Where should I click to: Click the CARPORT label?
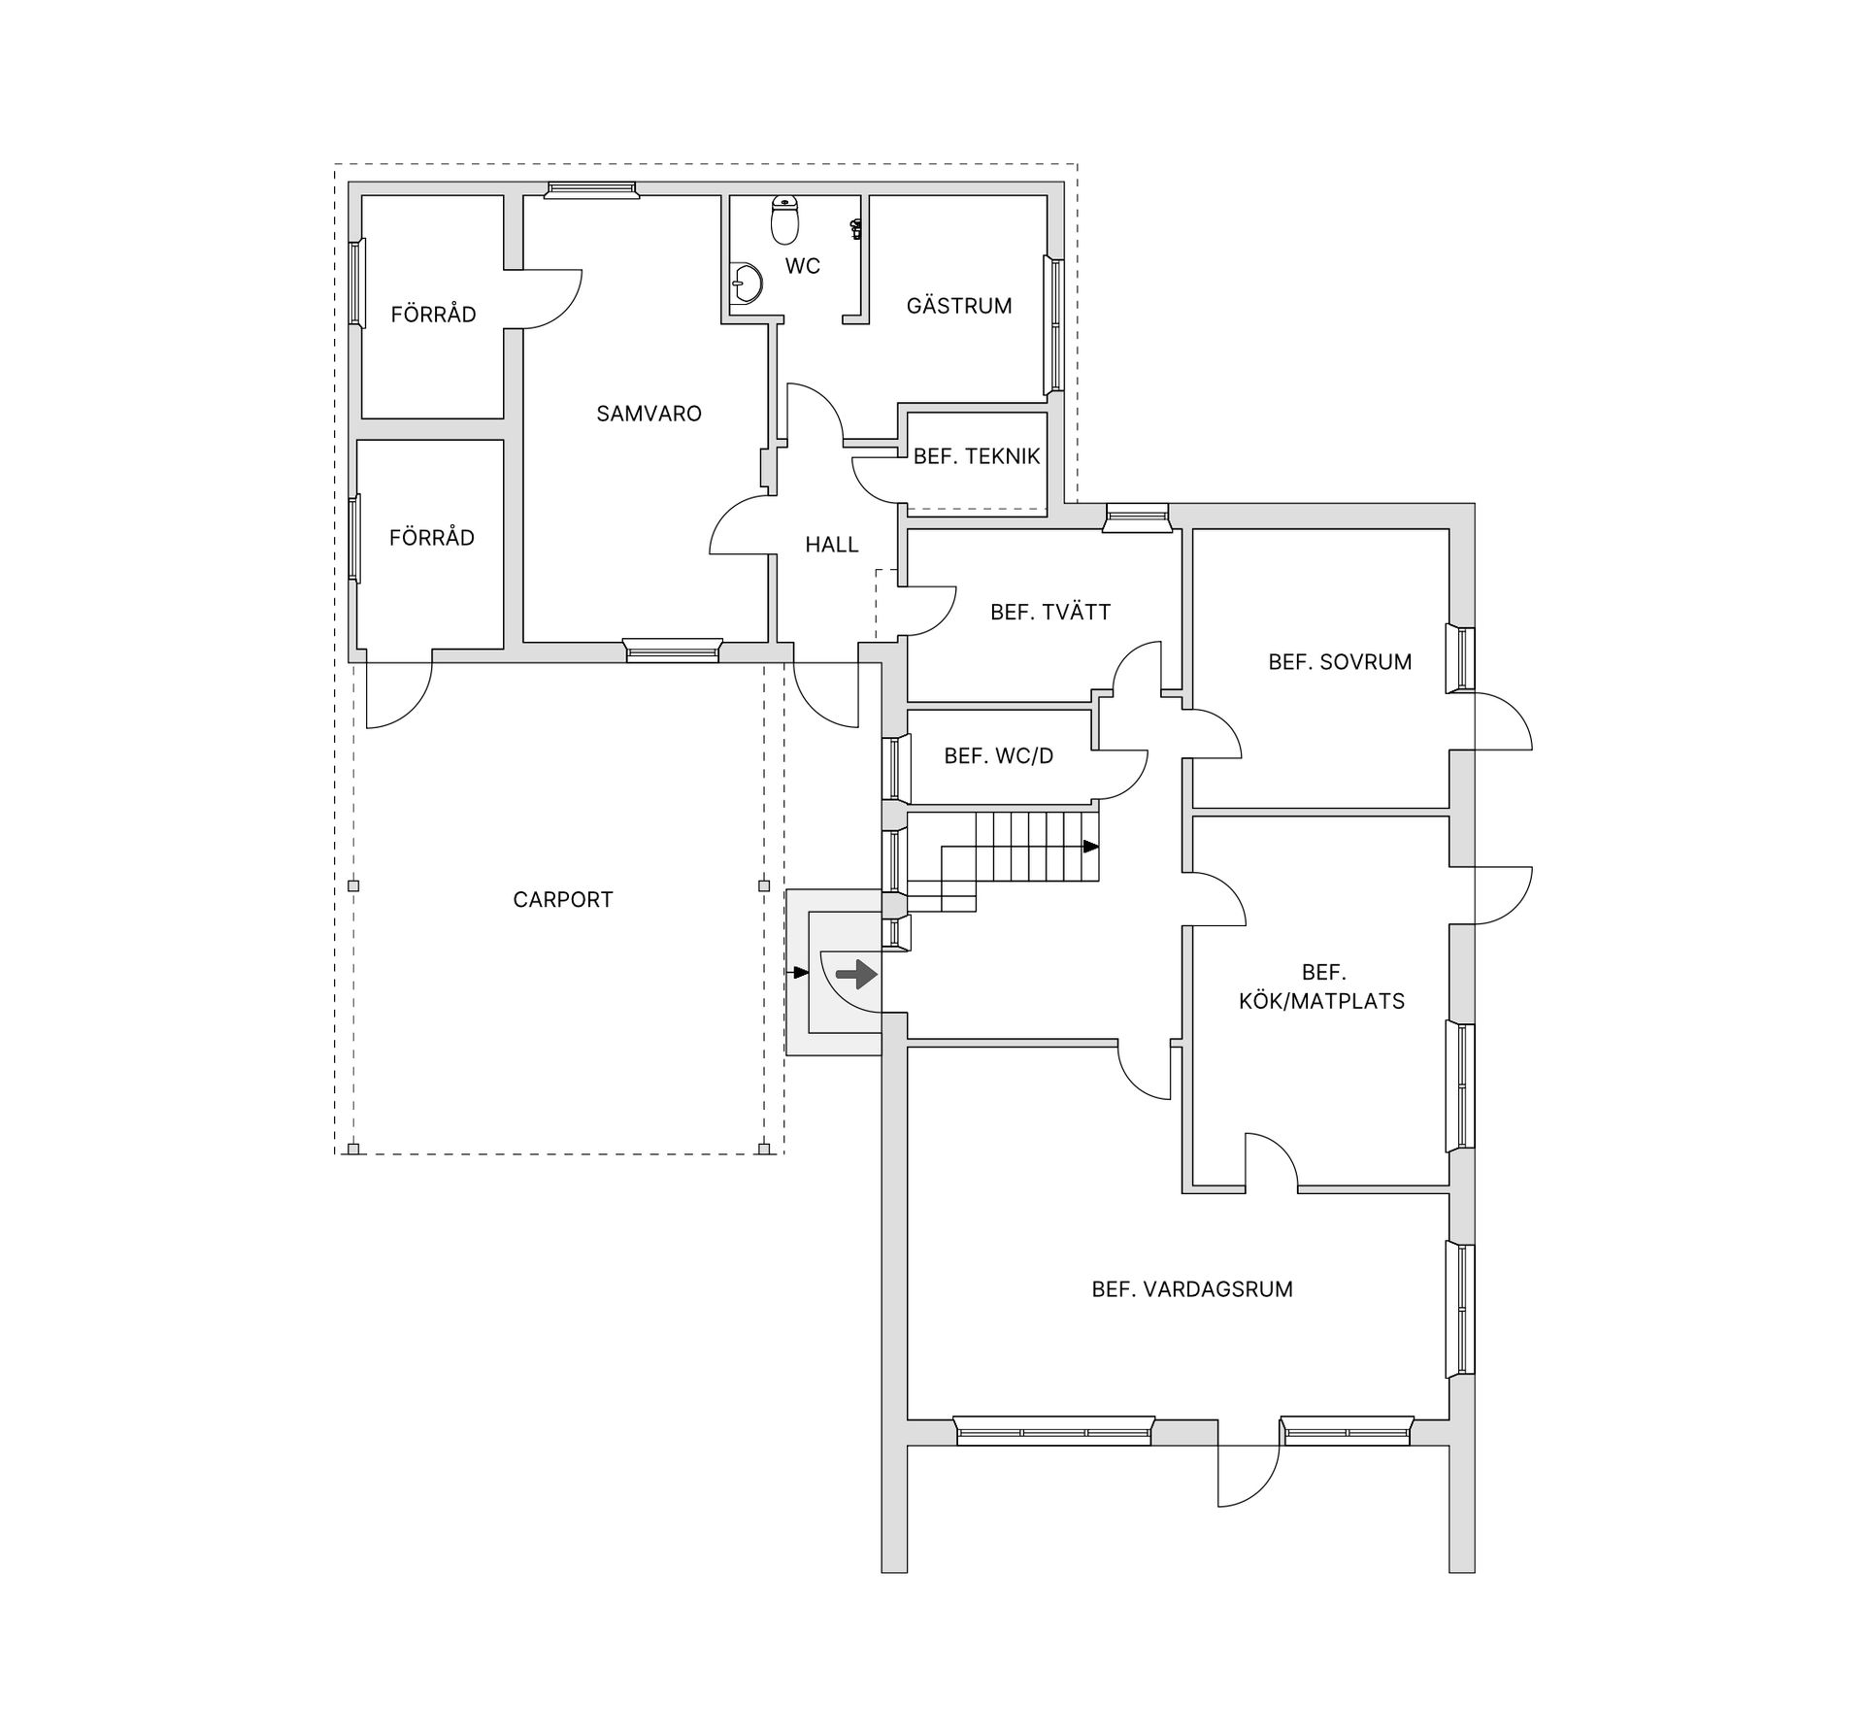tap(563, 900)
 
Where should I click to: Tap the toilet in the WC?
tap(784, 219)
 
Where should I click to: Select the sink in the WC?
tap(747, 284)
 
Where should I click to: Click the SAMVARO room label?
tap(649, 414)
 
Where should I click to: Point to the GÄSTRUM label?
tap(959, 306)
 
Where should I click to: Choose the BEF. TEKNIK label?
tap(977, 456)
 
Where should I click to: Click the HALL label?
tap(832, 545)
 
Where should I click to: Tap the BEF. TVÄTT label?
tap(1050, 613)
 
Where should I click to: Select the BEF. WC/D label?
tap(998, 756)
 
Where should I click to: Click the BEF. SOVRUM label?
tap(1340, 662)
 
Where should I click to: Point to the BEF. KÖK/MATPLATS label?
tap(1322, 987)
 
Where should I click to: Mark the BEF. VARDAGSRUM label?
tap(1192, 1289)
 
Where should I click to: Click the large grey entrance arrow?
tap(856, 973)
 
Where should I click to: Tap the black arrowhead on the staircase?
tap(1091, 847)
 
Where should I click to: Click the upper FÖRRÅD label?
tap(433, 315)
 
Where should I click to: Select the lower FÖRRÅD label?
tap(432, 538)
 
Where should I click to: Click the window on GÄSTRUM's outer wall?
tap(1052, 324)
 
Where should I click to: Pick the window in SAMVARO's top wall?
tap(591, 189)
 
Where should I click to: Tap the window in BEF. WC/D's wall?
tap(895, 767)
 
